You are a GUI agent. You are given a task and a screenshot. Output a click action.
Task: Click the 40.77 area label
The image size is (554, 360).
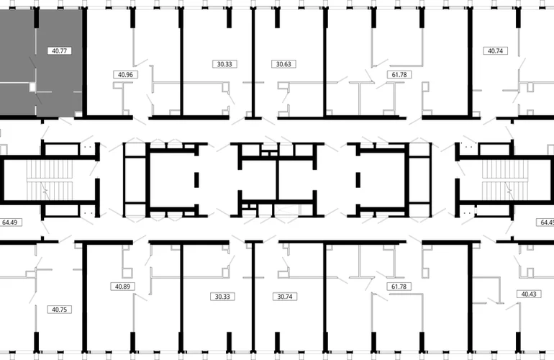(59, 51)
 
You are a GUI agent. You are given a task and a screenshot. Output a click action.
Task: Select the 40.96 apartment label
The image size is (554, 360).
(125, 75)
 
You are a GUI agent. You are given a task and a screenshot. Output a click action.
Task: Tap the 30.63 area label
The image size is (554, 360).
(283, 64)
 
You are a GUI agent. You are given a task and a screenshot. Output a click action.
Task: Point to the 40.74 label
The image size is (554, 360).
(495, 51)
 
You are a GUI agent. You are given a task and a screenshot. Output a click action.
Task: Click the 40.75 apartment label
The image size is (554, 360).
(59, 310)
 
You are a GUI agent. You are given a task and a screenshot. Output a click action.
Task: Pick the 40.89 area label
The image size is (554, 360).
(122, 287)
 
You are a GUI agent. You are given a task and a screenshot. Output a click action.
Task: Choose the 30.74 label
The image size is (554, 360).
(285, 297)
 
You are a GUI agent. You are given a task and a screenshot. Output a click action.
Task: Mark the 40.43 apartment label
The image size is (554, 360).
(529, 294)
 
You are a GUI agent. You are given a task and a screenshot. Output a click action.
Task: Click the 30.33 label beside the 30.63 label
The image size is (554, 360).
(224, 64)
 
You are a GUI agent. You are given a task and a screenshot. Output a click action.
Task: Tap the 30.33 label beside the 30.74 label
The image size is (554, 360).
(222, 297)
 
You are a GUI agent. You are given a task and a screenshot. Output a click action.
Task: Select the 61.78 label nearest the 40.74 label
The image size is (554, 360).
(399, 75)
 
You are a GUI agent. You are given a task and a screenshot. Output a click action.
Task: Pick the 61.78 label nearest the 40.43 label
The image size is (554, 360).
(399, 287)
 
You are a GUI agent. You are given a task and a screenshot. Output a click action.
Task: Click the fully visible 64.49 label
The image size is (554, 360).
(10, 222)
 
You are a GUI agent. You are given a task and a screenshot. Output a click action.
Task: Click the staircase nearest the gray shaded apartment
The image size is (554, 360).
(50, 180)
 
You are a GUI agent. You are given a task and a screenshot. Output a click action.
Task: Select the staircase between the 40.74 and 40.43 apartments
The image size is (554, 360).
(505, 180)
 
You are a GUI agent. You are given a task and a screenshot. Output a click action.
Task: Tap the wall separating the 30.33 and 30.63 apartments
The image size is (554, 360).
(253, 63)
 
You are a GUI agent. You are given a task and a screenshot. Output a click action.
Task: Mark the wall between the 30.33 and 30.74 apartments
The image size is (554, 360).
(253, 297)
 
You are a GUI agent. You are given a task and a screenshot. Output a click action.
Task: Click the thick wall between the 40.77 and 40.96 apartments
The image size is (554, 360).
(85, 63)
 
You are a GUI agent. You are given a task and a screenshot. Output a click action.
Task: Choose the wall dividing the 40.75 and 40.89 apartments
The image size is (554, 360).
(85, 297)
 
